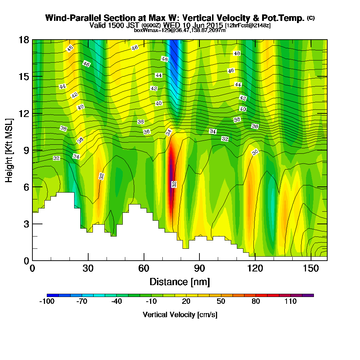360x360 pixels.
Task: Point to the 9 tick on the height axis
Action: tap(33, 150)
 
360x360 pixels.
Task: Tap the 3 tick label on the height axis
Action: tap(26, 224)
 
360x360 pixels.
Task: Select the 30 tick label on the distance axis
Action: tap(88, 269)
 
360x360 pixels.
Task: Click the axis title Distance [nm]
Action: tap(180, 282)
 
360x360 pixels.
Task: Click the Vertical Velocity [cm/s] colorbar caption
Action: tap(180, 315)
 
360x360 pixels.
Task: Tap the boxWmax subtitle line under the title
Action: tap(180, 30)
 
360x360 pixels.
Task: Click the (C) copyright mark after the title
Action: tap(311, 18)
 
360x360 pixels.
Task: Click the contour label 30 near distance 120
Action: tap(255, 153)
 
